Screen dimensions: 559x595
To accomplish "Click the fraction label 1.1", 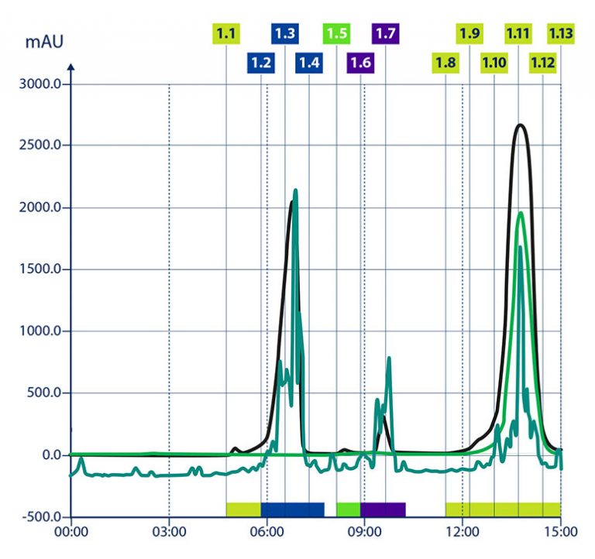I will (226, 34).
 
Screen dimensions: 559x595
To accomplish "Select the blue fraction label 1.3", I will (285, 34).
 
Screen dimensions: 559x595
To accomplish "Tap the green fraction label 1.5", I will (336, 34).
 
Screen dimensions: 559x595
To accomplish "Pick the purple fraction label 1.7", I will (386, 34).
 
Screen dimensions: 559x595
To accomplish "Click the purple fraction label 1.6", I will (360, 63).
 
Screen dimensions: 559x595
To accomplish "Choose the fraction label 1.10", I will (494, 63).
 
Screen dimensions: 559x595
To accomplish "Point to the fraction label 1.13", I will (560, 34).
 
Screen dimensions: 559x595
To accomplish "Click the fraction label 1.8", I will (445, 63).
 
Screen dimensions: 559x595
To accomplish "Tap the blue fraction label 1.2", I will (261, 63).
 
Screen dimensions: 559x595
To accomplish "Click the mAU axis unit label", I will (43, 41).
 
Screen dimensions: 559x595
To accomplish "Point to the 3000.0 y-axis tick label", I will (39, 84).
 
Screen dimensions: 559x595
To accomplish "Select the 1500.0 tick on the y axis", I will (39, 269).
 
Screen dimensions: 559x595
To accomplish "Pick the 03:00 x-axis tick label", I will (169, 533).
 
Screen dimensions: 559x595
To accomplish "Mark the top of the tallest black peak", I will (521, 125).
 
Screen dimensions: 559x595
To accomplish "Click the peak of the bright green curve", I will (521, 213).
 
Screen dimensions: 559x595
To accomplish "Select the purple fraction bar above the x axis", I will (383, 509).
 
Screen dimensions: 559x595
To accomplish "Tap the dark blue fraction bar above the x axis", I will (292, 509).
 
